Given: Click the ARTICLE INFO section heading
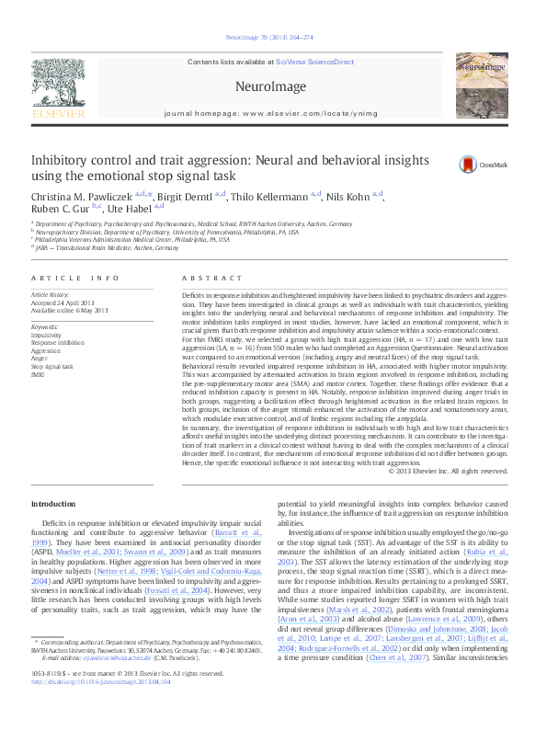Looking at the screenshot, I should [75, 278].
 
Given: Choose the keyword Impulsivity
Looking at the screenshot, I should [46, 336].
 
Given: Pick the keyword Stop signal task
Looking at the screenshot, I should [51, 366].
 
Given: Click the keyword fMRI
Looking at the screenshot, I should [39, 374].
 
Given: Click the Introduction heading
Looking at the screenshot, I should [54, 504].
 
